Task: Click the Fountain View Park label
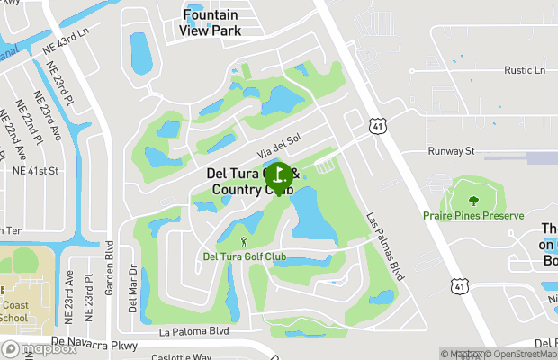tap(211, 22)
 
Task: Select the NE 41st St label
tap(35, 169)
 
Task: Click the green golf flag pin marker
tap(279, 175)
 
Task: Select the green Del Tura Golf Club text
tap(245, 257)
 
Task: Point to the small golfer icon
tap(245, 242)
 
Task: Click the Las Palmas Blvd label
tap(382, 244)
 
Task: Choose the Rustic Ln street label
tap(526, 70)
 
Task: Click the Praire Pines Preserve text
tap(473, 216)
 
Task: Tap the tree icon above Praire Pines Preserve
tap(473, 197)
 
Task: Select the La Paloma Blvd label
tap(193, 331)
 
